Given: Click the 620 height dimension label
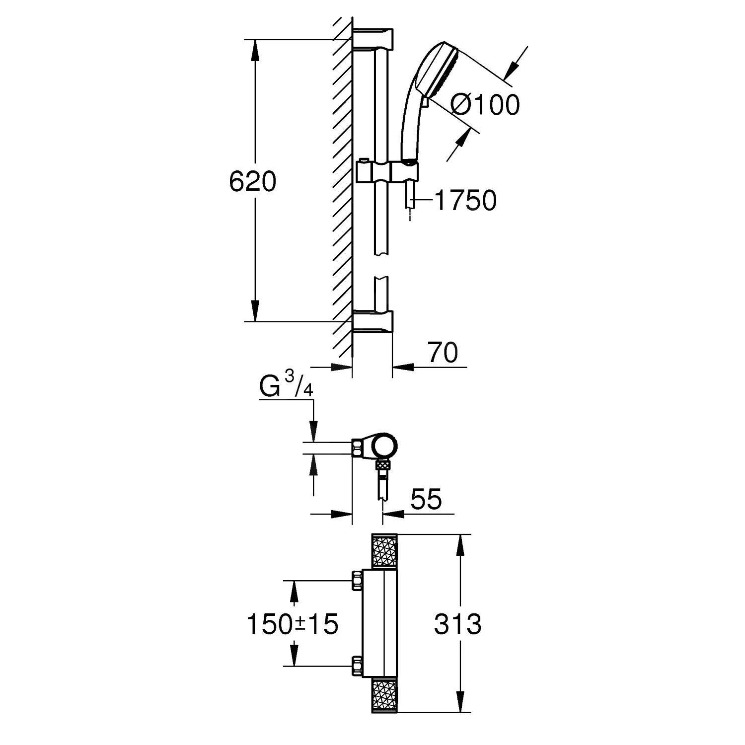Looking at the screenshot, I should pos(252,181).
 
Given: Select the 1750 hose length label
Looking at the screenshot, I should pos(465,200).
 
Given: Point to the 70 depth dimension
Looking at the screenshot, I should pos(442,353).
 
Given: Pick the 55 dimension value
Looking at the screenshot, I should pos(426,500).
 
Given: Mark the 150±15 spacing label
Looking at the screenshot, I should pos(293,624).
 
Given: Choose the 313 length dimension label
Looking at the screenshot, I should pos(457,624).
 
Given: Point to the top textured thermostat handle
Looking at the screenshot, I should pos(384,551).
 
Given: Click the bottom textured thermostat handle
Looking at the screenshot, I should pos(384,696).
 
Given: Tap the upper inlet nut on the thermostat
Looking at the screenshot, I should pos(357,580).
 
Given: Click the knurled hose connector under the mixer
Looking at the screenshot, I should pos(382,465).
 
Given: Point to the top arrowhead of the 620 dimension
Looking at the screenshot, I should pos(255,49).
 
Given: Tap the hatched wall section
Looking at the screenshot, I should pos(343,189).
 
